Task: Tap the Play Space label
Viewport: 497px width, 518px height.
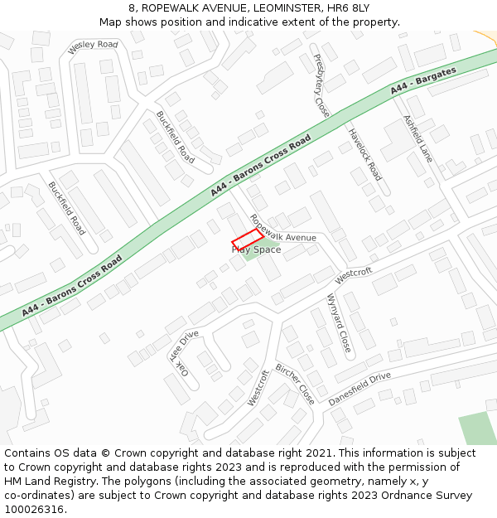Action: click(x=257, y=249)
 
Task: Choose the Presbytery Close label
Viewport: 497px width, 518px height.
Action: click(x=321, y=86)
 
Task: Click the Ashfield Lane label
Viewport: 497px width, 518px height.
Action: click(x=417, y=138)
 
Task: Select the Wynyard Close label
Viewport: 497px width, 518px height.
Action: click(x=339, y=322)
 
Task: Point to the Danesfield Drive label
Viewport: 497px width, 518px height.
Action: click(x=359, y=388)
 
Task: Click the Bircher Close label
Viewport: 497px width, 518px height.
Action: click(x=295, y=383)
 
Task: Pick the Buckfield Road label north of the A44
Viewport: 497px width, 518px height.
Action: click(x=176, y=137)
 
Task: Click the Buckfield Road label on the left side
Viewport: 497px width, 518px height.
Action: click(x=67, y=208)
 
